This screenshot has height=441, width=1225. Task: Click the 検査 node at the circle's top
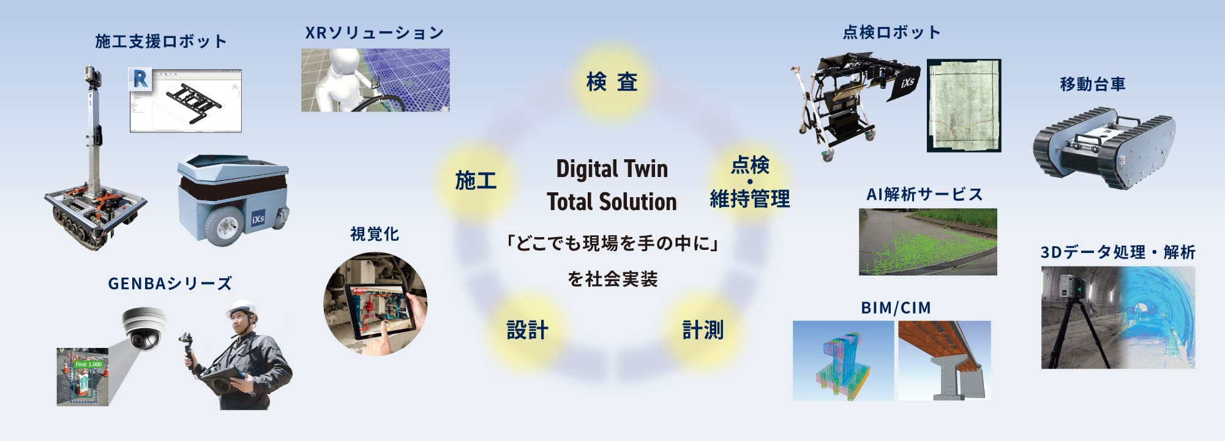coord(612,81)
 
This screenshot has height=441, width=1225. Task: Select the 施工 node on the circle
coord(475,181)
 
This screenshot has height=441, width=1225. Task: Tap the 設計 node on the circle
coord(527,330)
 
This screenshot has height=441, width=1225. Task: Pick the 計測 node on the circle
coord(703,330)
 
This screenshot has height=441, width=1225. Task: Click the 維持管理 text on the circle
coord(749,199)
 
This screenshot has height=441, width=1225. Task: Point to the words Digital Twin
coord(612,169)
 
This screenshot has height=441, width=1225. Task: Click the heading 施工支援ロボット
coord(161,42)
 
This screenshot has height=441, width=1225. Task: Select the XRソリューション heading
coord(375,33)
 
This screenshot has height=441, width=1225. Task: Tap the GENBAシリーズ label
coord(170,284)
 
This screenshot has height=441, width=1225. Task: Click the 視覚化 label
coord(375,234)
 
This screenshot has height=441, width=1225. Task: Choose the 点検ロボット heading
coord(891,32)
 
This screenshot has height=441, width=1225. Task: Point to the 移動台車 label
coord(1093,84)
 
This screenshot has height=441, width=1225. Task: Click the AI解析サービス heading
coord(924,195)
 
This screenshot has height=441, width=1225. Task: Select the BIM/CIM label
coord(896,307)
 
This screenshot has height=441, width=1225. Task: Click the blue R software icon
coord(140,79)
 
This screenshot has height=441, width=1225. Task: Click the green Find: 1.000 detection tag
coord(88,364)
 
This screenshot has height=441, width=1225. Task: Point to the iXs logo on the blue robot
coord(258,218)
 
